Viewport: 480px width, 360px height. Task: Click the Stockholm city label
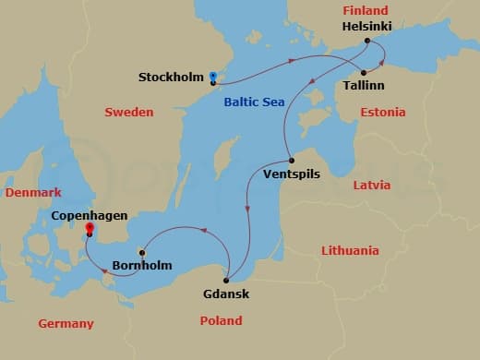point(171,77)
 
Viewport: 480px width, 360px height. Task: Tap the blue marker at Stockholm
point(212,76)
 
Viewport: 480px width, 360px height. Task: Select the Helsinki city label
point(366,28)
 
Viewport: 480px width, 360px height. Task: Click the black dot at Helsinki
point(367,42)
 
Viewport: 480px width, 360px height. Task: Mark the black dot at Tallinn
point(364,72)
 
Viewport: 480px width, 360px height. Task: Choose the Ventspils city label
point(293,173)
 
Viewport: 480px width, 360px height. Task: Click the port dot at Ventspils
point(292,159)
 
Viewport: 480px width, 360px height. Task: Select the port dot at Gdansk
point(226,281)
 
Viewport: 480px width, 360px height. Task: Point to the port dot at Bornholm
point(141,252)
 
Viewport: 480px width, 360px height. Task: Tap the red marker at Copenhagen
point(90,227)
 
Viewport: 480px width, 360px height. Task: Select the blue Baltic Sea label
point(254,102)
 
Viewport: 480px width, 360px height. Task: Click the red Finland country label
point(365,11)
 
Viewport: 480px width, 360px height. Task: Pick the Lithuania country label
point(350,250)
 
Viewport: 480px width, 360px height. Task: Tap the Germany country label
point(66,323)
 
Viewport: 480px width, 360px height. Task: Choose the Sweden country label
point(128,112)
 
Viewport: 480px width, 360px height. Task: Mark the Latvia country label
point(372,185)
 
